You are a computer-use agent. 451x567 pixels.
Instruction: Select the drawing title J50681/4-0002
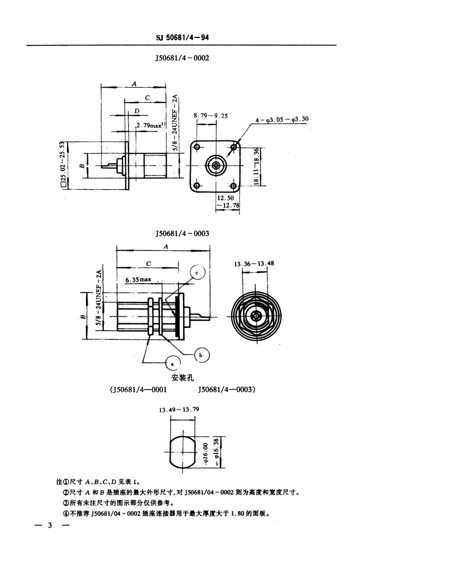(x=182, y=58)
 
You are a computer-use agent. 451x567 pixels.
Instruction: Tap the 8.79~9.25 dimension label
(x=210, y=115)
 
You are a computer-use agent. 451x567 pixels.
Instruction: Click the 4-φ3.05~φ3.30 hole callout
(x=282, y=120)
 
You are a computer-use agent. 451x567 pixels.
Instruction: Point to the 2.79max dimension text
(x=150, y=125)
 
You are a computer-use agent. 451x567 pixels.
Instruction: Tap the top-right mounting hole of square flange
(x=234, y=147)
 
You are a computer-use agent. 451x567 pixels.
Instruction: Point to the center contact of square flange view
(x=216, y=166)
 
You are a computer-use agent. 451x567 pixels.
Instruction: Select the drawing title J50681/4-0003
(x=182, y=233)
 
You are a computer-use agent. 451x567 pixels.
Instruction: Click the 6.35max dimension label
(x=138, y=279)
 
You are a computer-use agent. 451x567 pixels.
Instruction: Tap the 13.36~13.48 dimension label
(x=254, y=263)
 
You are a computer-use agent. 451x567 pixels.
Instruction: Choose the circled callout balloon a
(x=172, y=363)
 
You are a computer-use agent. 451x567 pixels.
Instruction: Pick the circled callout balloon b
(x=202, y=354)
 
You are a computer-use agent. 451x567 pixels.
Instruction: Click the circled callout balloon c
(x=197, y=273)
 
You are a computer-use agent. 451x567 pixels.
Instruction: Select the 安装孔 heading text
(x=182, y=378)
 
